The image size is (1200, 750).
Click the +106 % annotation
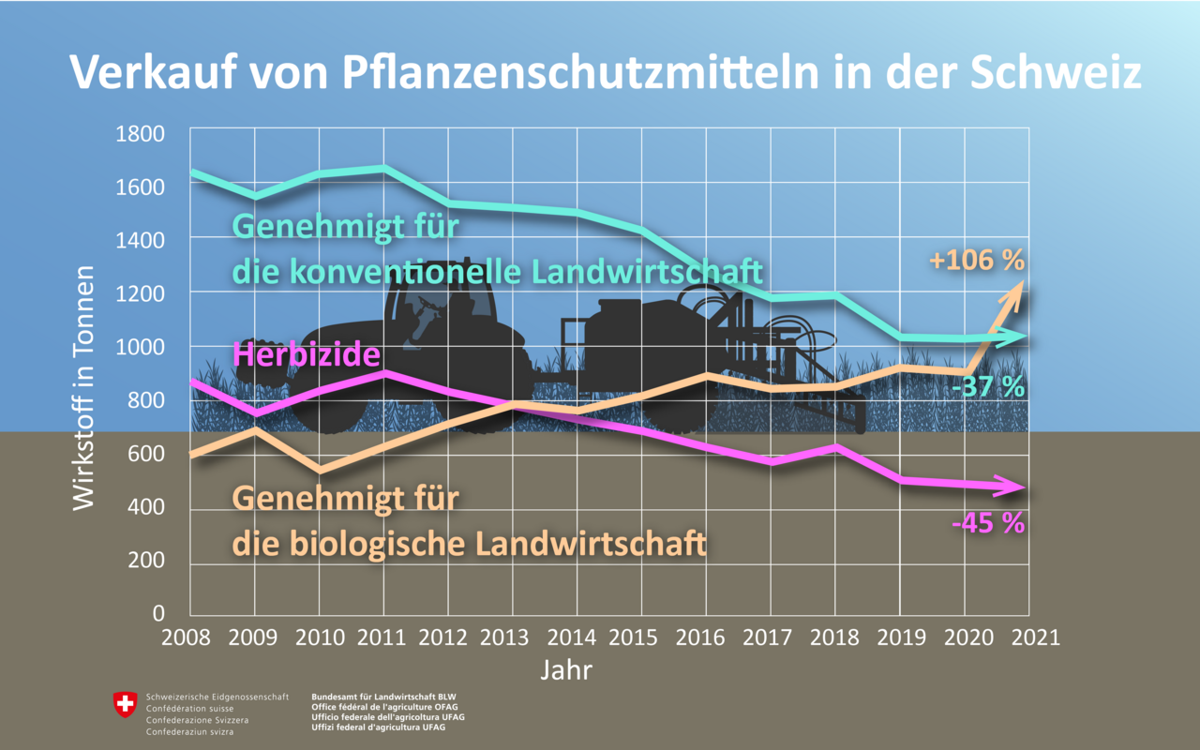[x=977, y=261]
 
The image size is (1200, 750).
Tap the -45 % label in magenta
[x=987, y=522]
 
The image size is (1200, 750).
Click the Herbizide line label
[x=306, y=354]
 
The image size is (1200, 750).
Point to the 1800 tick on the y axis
[x=140, y=133]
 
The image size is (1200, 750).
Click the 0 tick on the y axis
[x=157, y=614]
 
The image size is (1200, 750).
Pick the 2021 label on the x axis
[x=1029, y=637]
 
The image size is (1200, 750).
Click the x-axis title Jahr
[x=566, y=671]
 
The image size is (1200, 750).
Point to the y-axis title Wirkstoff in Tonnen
[x=84, y=387]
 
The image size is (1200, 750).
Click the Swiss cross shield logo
[x=125, y=704]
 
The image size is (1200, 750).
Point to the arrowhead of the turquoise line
[x=1016, y=337]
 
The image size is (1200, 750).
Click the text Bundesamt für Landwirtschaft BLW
[x=383, y=697]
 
